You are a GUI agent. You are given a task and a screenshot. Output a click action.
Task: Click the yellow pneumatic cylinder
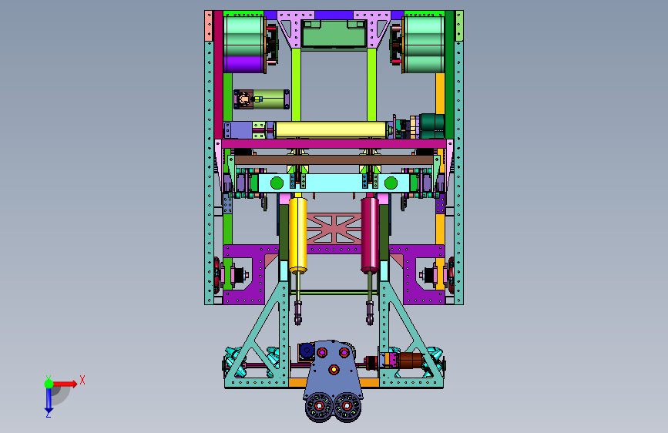pyautogui.click(x=298, y=234)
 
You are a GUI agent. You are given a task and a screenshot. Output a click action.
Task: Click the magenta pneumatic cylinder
pyautogui.click(x=370, y=234)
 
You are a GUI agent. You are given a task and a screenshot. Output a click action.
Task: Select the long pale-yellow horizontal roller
pyautogui.click(x=331, y=129)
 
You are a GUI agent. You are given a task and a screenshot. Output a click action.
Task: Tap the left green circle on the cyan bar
pyautogui.click(x=277, y=183)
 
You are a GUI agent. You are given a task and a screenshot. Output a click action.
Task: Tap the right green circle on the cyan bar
pyautogui.click(x=391, y=183)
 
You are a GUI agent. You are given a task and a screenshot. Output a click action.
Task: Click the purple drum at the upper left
pyautogui.click(x=243, y=65)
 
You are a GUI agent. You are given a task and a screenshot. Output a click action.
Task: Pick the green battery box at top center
pyautogui.click(x=334, y=34)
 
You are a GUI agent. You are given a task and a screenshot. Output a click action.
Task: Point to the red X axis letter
pyautogui.click(x=82, y=380)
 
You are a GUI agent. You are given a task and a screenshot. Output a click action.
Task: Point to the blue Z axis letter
pyautogui.click(x=49, y=414)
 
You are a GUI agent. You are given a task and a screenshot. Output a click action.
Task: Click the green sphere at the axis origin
pyautogui.click(x=49, y=384)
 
